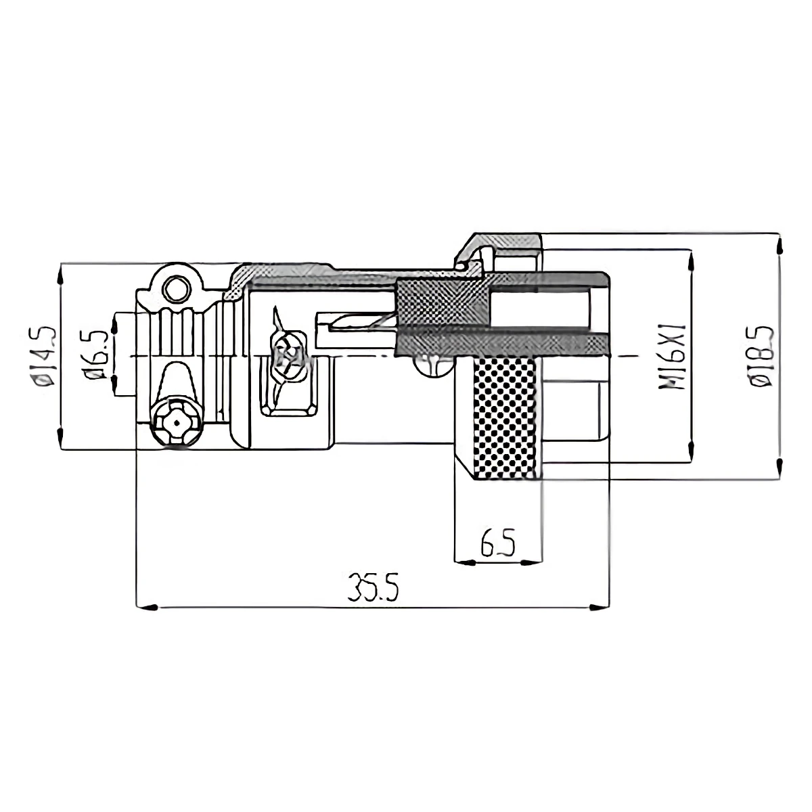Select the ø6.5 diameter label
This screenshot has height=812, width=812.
tap(95, 355)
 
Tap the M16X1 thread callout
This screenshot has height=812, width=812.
tap(673, 357)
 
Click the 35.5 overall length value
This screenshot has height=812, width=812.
tap(373, 587)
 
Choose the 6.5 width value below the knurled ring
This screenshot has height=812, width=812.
tap(498, 543)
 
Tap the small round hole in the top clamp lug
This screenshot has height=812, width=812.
tap(177, 289)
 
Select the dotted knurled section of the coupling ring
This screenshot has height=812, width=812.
tap(506, 416)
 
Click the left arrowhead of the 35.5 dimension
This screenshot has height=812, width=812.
tap(145, 606)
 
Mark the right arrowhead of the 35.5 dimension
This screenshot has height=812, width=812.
tap(598, 606)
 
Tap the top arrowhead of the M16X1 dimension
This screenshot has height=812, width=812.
tap(691, 261)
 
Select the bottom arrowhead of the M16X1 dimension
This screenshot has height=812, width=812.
tap(691, 452)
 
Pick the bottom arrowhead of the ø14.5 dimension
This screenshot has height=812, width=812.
tap(61, 438)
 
